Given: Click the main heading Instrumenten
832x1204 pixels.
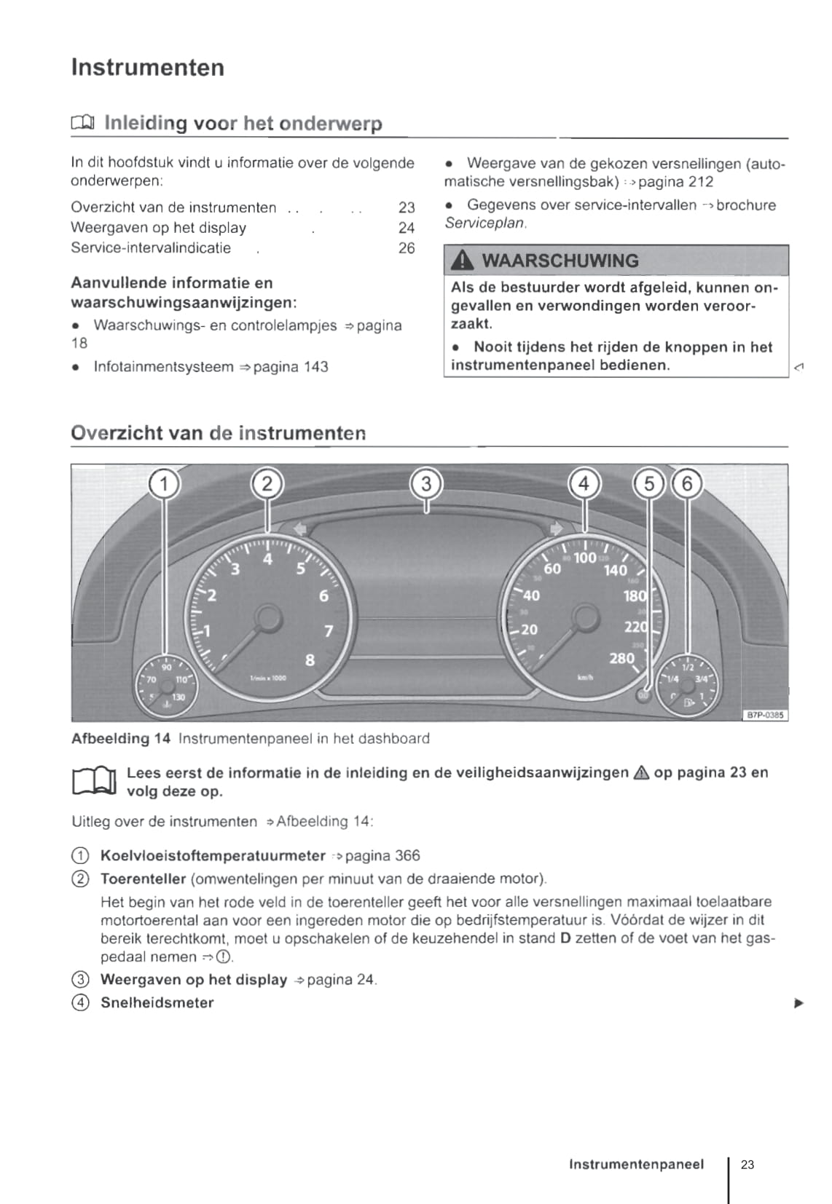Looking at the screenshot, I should pos(147,68).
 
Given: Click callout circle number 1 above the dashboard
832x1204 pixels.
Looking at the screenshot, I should pos(165,484).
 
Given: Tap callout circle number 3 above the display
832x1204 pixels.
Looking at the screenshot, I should pos(426,484).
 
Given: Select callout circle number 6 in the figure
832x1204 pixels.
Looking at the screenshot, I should pos(687,484).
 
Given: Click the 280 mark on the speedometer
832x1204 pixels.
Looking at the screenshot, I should pos(621,658).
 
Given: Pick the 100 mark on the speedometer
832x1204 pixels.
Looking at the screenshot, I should pos(585,558).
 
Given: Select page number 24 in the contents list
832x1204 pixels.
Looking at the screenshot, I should pos(407,228).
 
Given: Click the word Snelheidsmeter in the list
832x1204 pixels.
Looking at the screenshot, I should pos(157,1002).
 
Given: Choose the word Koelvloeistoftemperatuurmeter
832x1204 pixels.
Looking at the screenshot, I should pos(213,855).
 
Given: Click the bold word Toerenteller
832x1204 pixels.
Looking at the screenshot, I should pos(143,879).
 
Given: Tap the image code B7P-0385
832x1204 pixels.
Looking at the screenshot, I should pos(765,715).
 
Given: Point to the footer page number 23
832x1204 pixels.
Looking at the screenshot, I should pos(747,1164).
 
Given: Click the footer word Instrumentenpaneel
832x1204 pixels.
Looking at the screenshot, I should pos(636,1164).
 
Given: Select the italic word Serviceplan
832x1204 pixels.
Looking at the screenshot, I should pos(484,223).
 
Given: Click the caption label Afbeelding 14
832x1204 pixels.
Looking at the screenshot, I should pos(121,739).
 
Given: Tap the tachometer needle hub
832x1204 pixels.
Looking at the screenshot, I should pos(267,618).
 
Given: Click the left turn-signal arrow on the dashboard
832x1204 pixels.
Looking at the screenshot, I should pos(299,528).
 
